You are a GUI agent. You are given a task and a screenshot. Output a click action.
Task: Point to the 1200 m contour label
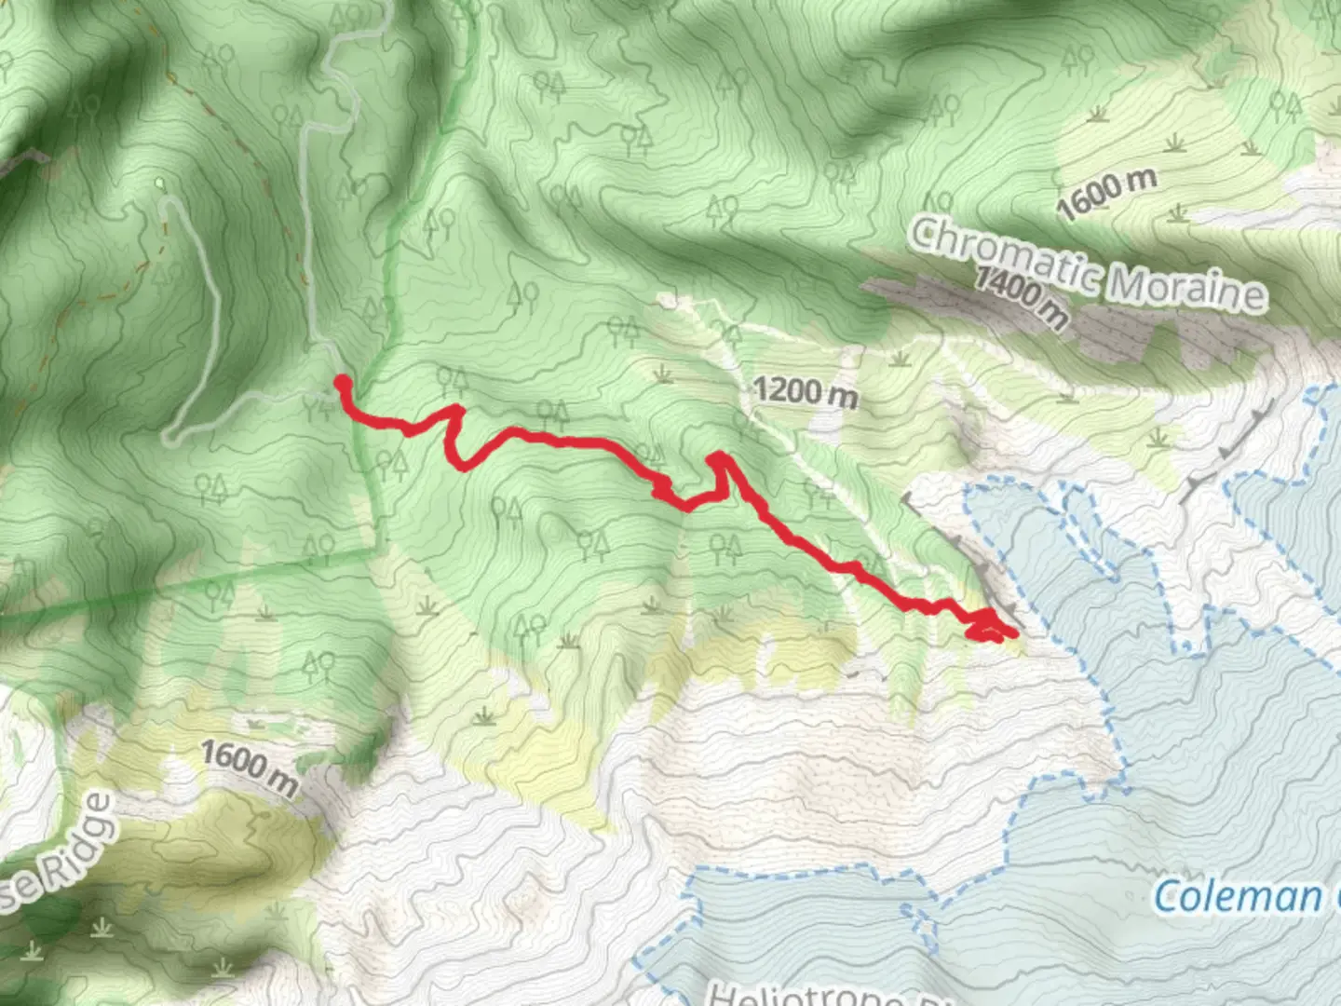tap(806, 392)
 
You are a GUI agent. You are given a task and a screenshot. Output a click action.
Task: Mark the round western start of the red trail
tap(342, 381)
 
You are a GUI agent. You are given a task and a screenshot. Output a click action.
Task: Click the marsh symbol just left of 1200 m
tap(664, 374)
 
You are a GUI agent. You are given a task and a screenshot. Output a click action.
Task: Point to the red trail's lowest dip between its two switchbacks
tap(687, 507)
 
